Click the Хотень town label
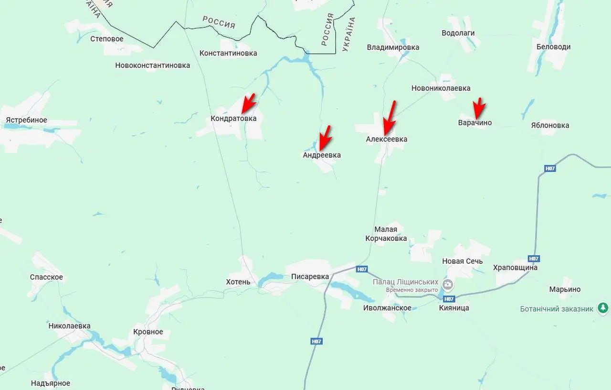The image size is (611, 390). pyautogui.click(x=238, y=282)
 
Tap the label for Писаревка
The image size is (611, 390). pyautogui.click(x=310, y=277)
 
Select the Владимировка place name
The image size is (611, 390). pyautogui.click(x=393, y=47)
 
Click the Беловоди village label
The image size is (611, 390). pyautogui.click(x=553, y=47)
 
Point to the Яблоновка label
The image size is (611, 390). pyautogui.click(x=550, y=125)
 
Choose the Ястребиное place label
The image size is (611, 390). pyautogui.click(x=26, y=120)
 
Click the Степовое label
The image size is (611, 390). pyautogui.click(x=107, y=39)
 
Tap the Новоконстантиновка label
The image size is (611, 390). pyautogui.click(x=152, y=65)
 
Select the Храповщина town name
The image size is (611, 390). pyautogui.click(x=515, y=268)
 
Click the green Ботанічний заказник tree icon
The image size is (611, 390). pyautogui.click(x=603, y=308)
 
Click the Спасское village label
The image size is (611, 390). pyautogui.click(x=46, y=277)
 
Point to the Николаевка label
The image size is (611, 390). pyautogui.click(x=69, y=326)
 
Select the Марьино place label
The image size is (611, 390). pyautogui.click(x=565, y=289)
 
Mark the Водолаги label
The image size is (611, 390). pyautogui.click(x=458, y=33)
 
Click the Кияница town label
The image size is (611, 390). pyautogui.click(x=454, y=308)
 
